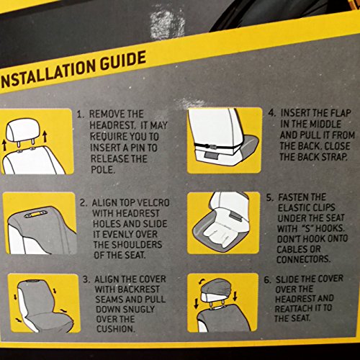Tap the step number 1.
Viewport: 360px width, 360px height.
80,114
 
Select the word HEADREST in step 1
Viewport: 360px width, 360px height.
112,125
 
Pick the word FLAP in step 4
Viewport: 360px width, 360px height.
341,113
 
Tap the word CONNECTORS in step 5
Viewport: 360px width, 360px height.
303,259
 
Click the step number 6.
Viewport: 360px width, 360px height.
268,280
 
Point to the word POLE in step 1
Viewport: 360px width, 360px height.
103,170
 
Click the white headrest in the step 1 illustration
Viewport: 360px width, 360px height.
21,131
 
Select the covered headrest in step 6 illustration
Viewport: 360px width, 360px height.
215,290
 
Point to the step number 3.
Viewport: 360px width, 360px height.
86,280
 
